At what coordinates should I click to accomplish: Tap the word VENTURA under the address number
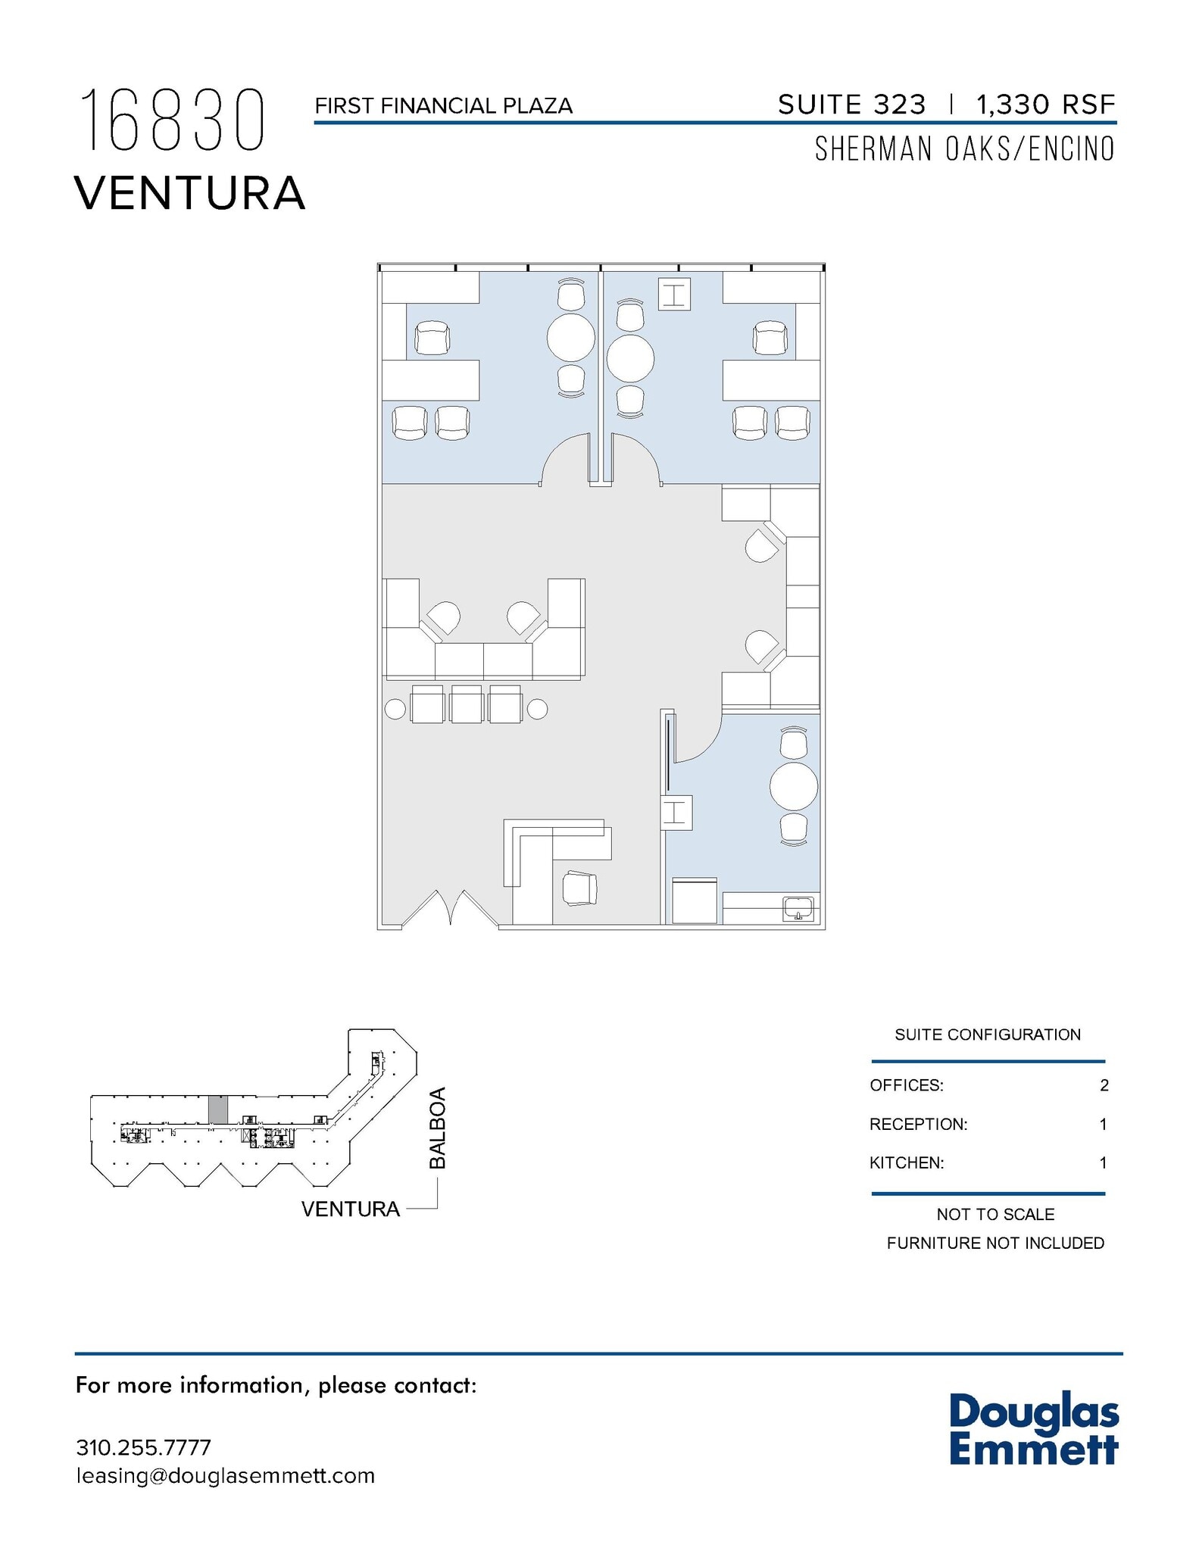click(189, 193)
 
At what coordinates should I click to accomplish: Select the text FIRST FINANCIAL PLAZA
click(443, 106)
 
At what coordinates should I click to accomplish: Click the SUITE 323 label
click(851, 105)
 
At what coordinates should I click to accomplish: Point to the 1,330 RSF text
click(1045, 105)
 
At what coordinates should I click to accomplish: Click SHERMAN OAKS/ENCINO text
click(964, 149)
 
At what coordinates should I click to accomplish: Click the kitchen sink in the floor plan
click(798, 907)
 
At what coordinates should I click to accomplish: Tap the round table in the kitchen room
click(793, 786)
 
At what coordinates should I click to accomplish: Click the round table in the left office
click(571, 337)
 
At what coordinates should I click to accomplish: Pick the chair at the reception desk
click(579, 888)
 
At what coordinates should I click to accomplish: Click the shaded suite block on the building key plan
click(217, 1109)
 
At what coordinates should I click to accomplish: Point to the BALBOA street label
click(438, 1128)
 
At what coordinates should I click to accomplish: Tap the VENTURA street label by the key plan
click(350, 1209)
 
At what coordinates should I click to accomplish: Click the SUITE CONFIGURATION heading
click(987, 1035)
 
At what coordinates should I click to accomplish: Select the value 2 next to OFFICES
click(1104, 1085)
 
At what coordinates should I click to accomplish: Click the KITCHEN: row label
click(907, 1162)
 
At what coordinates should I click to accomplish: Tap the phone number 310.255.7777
click(143, 1447)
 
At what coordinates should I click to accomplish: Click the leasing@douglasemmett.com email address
click(225, 1476)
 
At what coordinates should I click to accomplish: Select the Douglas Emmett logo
click(1033, 1430)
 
